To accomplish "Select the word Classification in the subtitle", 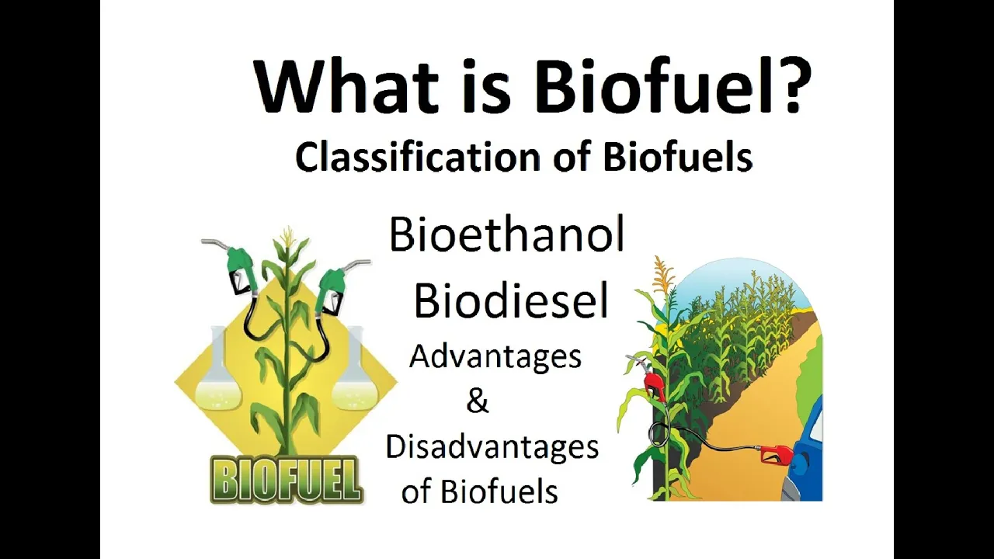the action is [417, 158].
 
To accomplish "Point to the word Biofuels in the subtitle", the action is [678, 157].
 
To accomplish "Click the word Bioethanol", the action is [507, 234].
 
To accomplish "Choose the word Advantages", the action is [495, 358].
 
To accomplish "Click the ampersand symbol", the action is [478, 401].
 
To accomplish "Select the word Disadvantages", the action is [492, 447].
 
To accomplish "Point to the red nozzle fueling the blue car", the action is [775, 453].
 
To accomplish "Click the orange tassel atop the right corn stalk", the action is [663, 275].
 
